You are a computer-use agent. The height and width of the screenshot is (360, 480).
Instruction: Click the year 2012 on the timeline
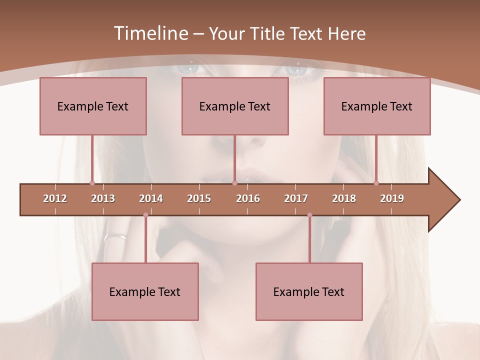pyautogui.click(x=55, y=198)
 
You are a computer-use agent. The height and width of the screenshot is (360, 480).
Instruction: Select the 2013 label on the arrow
pyautogui.click(x=103, y=198)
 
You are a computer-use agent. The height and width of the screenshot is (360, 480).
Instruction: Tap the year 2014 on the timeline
pyautogui.click(x=151, y=198)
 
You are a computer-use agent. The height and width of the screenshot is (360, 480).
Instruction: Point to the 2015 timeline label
pyautogui.click(x=199, y=198)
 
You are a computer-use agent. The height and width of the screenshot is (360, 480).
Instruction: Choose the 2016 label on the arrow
pyautogui.click(x=248, y=198)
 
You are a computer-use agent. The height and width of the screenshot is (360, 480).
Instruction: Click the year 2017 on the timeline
pyautogui.click(x=296, y=198)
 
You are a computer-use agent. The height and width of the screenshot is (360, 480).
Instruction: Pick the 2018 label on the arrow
pyautogui.click(x=344, y=198)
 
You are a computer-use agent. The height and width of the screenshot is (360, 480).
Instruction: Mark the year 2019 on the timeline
pyautogui.click(x=392, y=198)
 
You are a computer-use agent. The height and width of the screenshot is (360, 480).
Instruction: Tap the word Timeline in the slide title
pyautogui.click(x=149, y=33)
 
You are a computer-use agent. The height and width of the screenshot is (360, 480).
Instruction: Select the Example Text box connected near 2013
pyautogui.click(x=93, y=106)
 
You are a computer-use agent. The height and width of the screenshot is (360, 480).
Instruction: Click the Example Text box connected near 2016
pyautogui.click(x=235, y=106)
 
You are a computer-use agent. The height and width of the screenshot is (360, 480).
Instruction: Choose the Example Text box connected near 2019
pyautogui.click(x=377, y=106)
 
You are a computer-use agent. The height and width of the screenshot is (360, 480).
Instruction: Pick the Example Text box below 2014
pyautogui.click(x=145, y=291)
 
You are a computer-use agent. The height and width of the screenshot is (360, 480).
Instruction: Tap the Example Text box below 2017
pyautogui.click(x=309, y=291)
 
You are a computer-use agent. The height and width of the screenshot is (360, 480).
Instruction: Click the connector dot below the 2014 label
pyautogui.click(x=145, y=215)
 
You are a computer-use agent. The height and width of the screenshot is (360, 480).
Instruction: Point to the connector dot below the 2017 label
pyautogui.click(x=309, y=215)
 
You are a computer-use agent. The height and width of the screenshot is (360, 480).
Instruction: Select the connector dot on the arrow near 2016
pyautogui.click(x=234, y=183)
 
